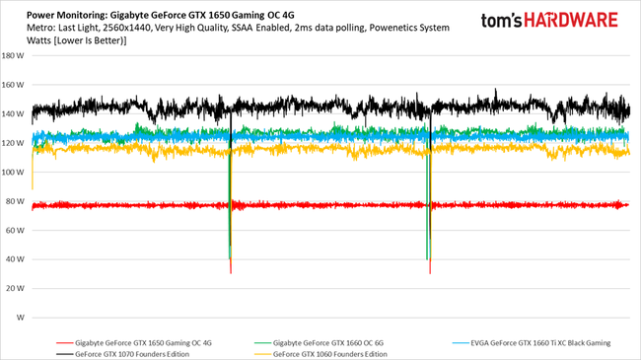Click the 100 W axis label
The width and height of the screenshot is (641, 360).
click(14, 173)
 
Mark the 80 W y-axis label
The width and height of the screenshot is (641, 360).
click(16, 201)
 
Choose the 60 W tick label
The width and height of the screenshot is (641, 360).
click(16, 231)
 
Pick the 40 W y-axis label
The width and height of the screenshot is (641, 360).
click(16, 259)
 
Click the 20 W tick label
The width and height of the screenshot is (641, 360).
click(16, 289)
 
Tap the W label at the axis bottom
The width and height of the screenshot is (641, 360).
click(20, 319)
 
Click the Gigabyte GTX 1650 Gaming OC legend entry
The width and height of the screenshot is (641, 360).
click(138, 342)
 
